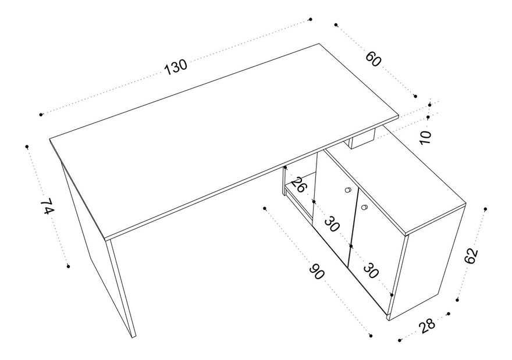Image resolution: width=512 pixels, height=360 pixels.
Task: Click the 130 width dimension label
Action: click(176, 67)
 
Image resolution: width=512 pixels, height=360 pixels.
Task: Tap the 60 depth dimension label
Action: click(373, 59)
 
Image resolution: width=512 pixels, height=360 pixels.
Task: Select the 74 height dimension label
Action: click(47, 206)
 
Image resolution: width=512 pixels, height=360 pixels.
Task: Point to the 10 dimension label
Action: click(425, 137)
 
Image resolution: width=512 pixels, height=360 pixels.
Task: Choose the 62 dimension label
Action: click(471, 255)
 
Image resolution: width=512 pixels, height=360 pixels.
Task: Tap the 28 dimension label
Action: click(427, 326)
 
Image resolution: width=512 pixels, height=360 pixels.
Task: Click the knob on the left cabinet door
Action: click(348, 190)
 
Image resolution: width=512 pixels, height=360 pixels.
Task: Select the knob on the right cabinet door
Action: click(364, 207)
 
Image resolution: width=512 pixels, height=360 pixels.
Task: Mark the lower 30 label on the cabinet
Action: click(371, 270)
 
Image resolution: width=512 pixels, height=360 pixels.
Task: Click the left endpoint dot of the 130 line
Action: click(41, 115)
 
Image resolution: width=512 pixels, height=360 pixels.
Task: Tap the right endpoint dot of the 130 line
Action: click(311, 19)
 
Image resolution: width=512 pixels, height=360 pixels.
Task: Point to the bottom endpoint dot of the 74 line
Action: click(68, 266)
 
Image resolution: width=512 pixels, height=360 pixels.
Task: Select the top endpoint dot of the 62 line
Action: click(486, 209)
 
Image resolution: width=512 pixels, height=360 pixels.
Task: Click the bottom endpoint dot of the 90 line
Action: click(371, 336)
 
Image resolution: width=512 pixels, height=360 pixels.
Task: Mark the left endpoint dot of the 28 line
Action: click(400, 340)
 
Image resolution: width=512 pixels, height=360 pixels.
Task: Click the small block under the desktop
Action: click(362, 140)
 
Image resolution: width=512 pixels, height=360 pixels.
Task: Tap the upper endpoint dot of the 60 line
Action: click(336, 24)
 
